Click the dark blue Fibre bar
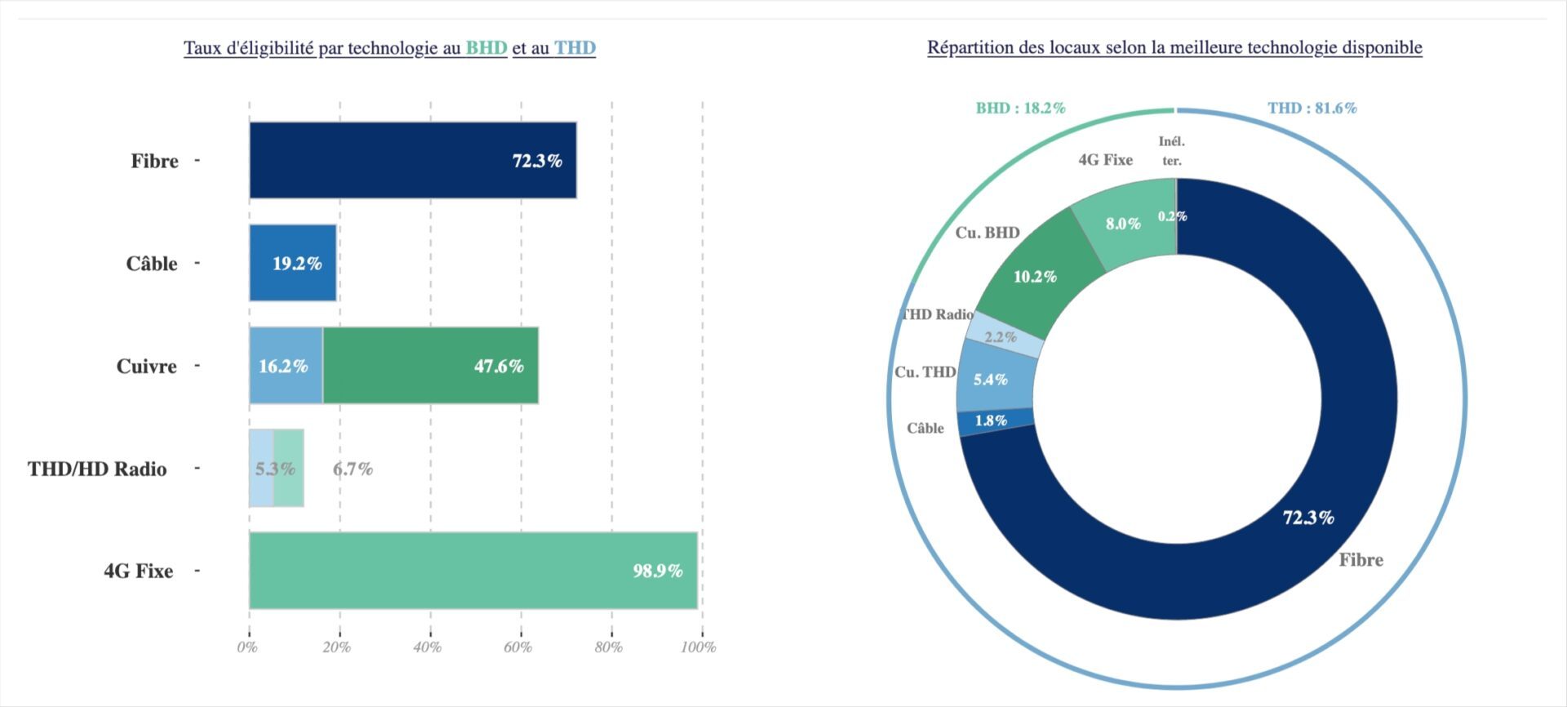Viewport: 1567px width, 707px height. pos(412,161)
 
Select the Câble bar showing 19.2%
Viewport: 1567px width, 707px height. pos(293,263)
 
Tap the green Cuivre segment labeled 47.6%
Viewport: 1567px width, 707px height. pos(430,366)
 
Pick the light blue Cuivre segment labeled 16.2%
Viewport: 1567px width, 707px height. pos(285,366)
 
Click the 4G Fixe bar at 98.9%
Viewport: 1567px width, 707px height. pos(473,571)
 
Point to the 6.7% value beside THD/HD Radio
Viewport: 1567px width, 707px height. pos(353,469)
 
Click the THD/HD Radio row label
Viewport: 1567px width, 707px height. pos(97,469)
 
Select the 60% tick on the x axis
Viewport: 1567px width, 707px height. pos(518,647)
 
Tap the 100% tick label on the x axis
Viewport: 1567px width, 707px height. pos(699,647)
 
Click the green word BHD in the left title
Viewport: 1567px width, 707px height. pos(486,48)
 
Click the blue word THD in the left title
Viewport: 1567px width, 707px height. pos(575,48)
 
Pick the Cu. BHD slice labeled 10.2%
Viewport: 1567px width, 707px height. pos(1035,276)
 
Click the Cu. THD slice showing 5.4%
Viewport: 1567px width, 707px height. pos(991,380)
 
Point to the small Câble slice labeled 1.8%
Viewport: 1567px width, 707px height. pos(992,421)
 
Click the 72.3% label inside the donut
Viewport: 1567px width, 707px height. pos(1308,518)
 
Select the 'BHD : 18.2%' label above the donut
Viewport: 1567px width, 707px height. pos(1020,108)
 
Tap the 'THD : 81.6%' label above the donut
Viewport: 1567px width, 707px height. pos(1312,108)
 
